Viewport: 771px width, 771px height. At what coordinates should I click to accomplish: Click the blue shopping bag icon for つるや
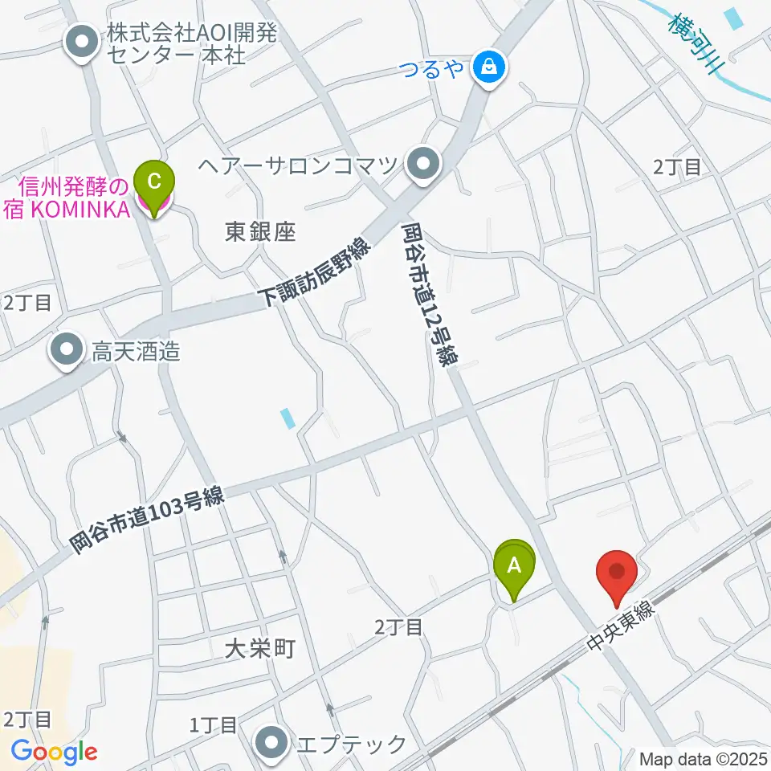click(488, 67)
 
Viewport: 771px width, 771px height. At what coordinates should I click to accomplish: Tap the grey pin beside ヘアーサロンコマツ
click(423, 166)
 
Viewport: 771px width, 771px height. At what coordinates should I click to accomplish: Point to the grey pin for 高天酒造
click(67, 351)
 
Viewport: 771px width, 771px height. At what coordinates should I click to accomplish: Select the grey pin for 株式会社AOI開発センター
click(83, 44)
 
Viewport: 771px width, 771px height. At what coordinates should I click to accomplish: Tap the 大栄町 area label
click(260, 648)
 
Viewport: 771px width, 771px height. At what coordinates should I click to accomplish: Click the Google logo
click(54, 753)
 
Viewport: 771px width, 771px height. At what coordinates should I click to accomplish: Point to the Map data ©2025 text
click(704, 759)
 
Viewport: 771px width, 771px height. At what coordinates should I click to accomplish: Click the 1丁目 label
click(213, 726)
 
